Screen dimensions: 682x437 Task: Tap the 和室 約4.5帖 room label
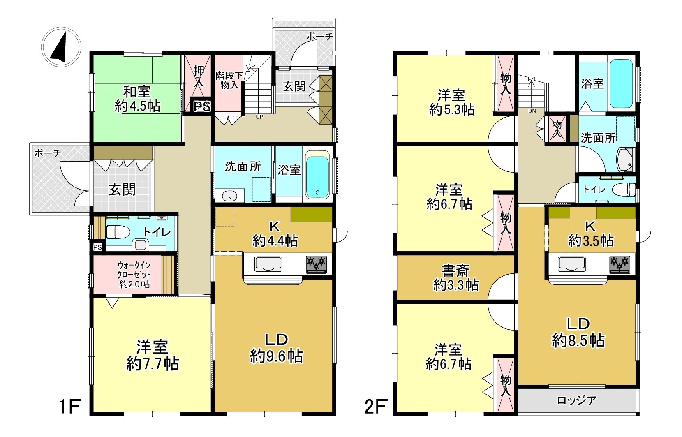[x=137, y=99]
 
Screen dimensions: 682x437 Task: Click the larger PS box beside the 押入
[x=201, y=106]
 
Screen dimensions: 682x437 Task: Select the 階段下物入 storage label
[x=229, y=80]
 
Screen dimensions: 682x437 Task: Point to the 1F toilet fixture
[x=118, y=232]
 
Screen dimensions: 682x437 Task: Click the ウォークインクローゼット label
[x=134, y=275]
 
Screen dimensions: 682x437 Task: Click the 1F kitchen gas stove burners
[x=317, y=264]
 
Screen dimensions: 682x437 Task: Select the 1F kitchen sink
[x=268, y=264]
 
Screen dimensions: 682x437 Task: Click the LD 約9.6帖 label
[x=276, y=348]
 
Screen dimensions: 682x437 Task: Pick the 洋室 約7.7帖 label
[x=153, y=355]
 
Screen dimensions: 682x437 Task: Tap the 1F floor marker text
[x=70, y=407]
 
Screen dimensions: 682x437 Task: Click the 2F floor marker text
[x=376, y=407]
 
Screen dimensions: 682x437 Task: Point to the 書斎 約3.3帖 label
[x=456, y=278]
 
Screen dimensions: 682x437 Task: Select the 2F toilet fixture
[x=624, y=190]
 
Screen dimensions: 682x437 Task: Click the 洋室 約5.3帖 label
[x=452, y=102]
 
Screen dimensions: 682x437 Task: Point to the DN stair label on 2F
[x=532, y=111]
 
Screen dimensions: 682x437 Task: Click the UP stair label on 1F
[x=259, y=117]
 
